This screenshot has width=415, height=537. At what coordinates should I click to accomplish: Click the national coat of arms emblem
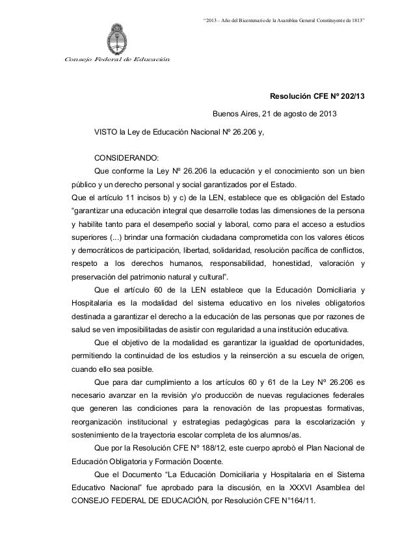[x=118, y=36]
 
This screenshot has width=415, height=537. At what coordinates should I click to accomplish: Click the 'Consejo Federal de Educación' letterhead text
[x=116, y=60]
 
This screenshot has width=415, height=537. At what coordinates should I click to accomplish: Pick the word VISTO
[x=107, y=135]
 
